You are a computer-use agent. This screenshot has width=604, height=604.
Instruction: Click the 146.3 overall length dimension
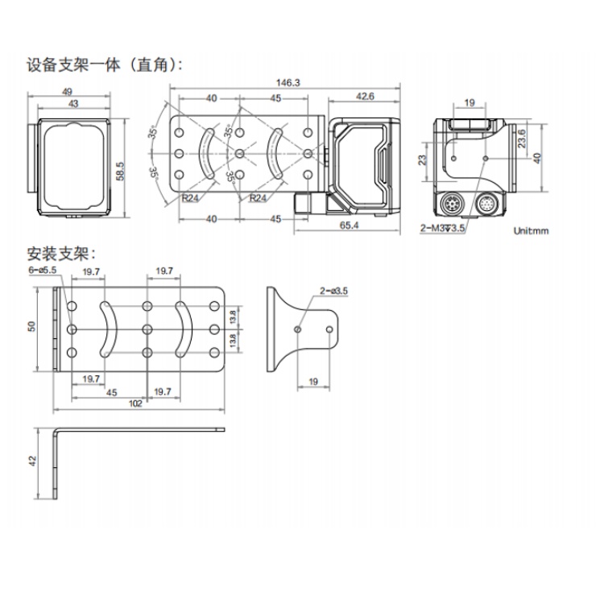(288, 83)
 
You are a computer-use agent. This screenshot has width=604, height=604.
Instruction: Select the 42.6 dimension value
(365, 97)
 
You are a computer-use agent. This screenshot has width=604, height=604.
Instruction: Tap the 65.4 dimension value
(349, 225)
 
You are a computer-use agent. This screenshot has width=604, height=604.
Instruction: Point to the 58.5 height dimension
(121, 171)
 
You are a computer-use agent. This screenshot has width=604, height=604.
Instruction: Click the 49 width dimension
(67, 92)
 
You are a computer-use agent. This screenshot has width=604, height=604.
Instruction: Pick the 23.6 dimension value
(522, 139)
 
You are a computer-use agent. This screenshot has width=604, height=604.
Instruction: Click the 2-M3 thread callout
(443, 229)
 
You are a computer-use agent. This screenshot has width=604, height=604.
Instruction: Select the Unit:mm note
(531, 231)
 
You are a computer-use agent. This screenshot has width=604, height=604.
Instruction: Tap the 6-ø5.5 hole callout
(43, 270)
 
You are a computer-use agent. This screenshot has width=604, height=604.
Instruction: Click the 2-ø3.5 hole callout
(333, 291)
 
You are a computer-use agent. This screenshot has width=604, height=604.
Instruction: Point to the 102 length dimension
(135, 403)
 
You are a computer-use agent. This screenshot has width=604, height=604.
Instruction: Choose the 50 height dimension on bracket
(32, 327)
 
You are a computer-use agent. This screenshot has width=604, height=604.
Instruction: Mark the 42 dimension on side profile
(32, 461)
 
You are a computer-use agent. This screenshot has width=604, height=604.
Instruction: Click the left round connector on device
(450, 203)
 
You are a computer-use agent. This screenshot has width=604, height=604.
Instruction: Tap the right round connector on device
(487, 203)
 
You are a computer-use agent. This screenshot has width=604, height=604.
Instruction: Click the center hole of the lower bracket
(147, 329)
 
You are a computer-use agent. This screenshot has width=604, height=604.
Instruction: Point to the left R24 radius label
(190, 198)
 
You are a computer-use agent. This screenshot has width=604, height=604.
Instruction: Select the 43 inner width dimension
(73, 104)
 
